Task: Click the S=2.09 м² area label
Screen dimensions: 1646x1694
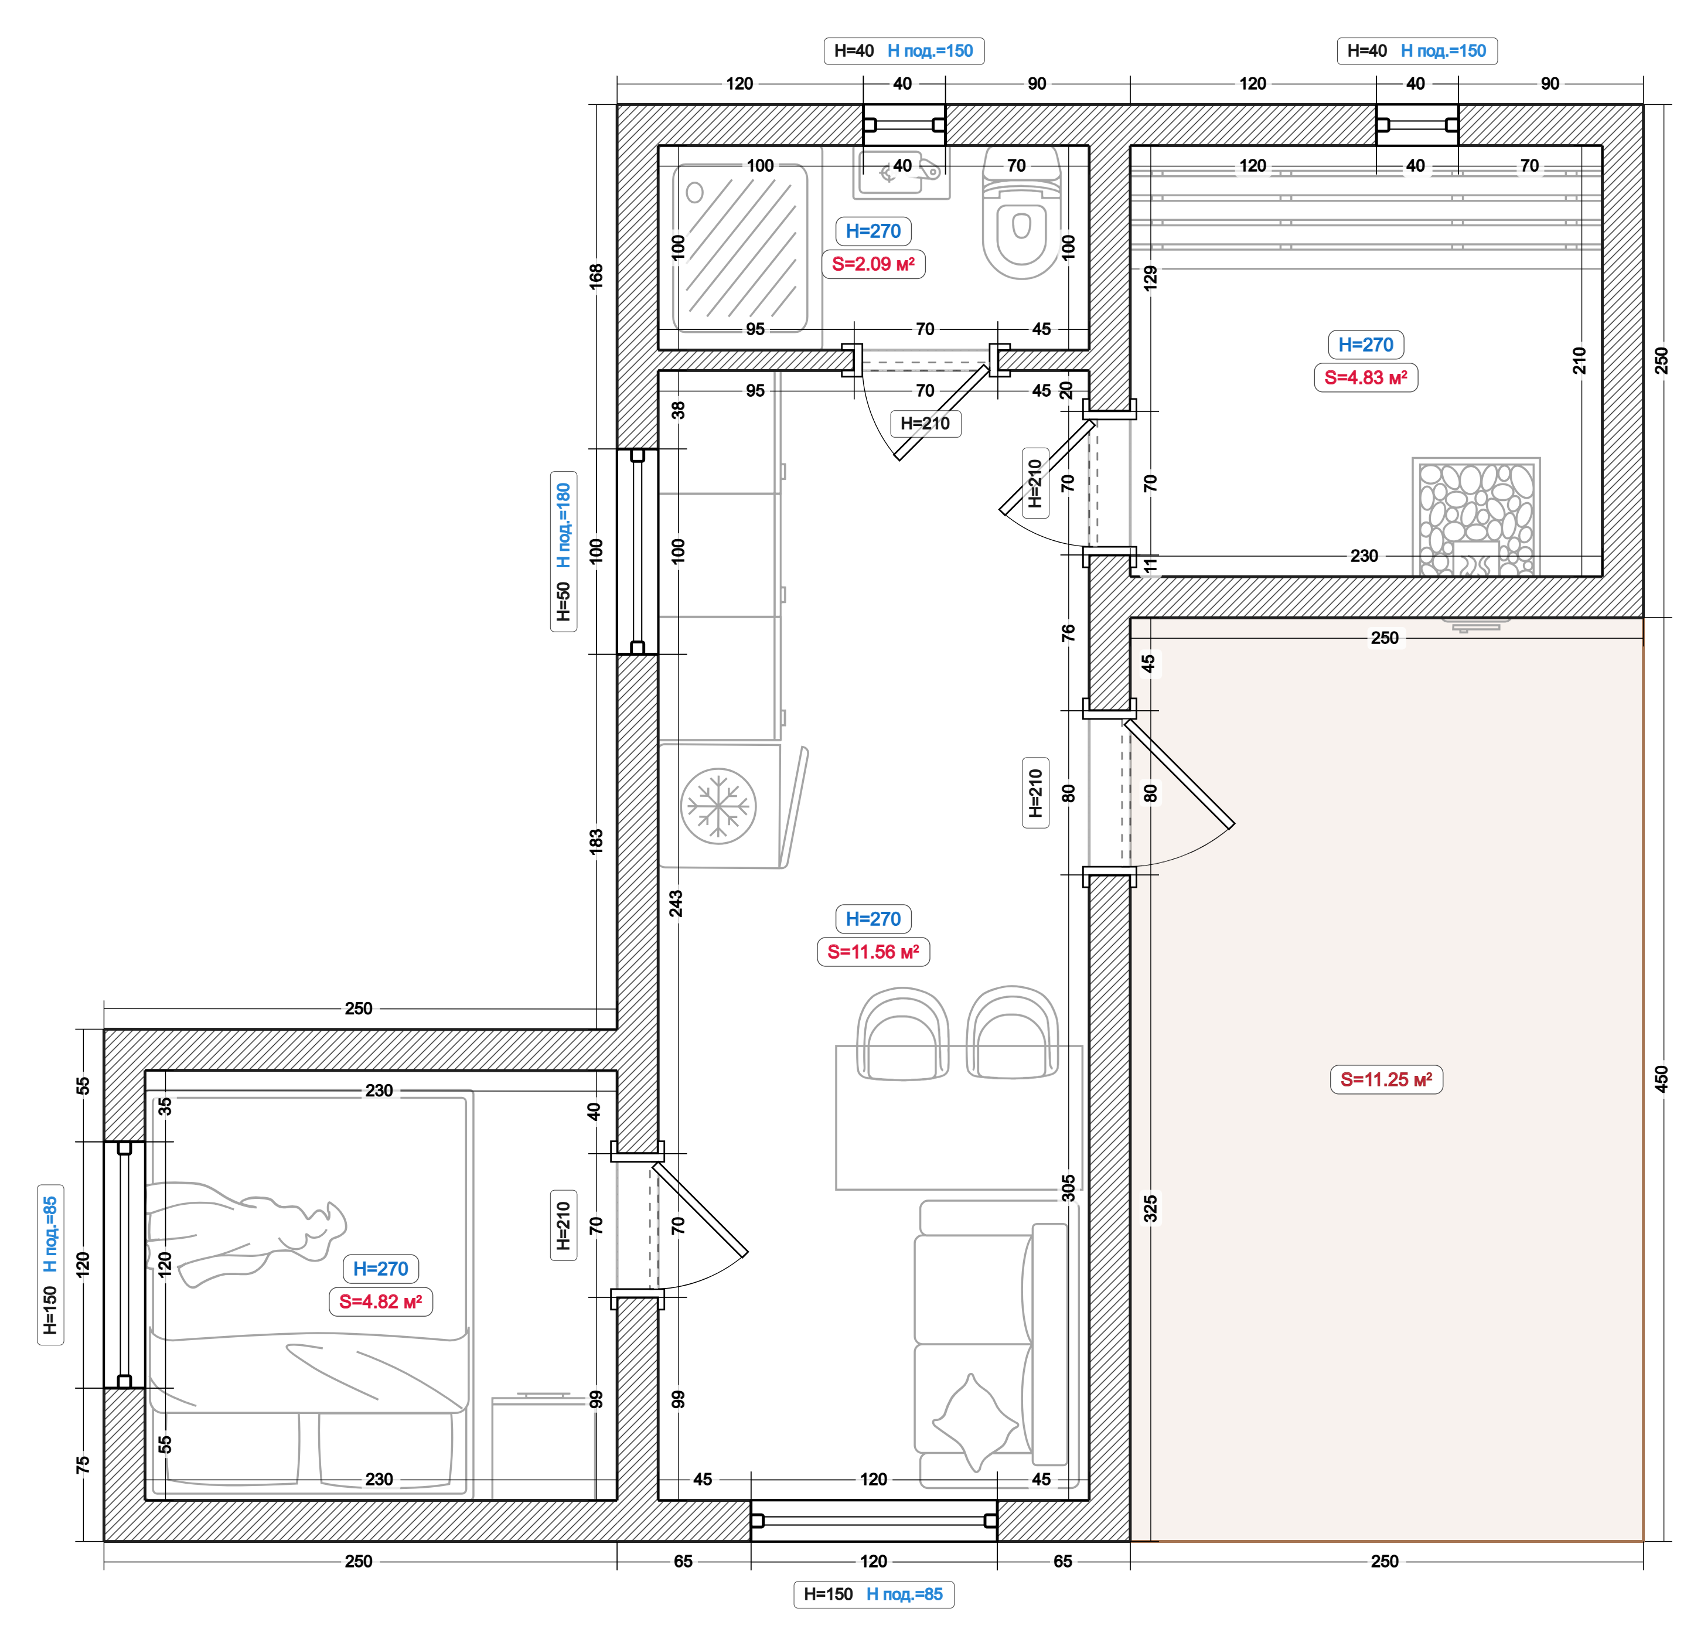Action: (873, 264)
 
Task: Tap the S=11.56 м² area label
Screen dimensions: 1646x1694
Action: (873, 952)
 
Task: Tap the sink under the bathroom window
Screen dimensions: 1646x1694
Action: (901, 172)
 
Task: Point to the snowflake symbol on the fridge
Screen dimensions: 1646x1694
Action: (718, 806)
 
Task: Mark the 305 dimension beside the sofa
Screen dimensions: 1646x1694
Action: (1068, 1187)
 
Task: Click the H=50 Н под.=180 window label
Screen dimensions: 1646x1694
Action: (564, 551)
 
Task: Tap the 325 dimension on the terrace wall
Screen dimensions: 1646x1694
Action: (1150, 1208)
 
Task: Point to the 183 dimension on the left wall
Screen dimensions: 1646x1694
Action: (597, 841)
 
